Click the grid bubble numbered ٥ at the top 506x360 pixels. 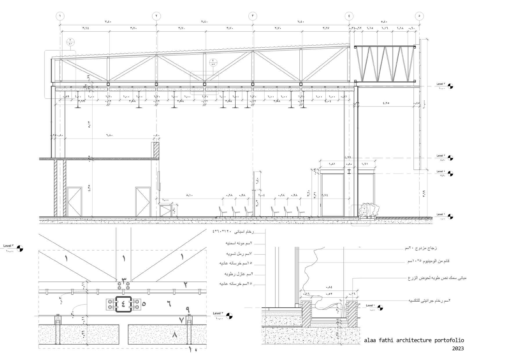(419, 16)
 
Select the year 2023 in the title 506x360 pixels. (458, 348)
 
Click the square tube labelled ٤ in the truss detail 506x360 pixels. (123, 304)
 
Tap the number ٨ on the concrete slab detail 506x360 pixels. (175, 335)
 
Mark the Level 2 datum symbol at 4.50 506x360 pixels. (450, 158)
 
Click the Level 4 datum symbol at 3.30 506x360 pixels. (450, 174)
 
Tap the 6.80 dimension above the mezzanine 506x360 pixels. (109, 135)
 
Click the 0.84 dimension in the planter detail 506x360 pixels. (329, 287)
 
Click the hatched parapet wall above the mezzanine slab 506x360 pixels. (156, 150)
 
